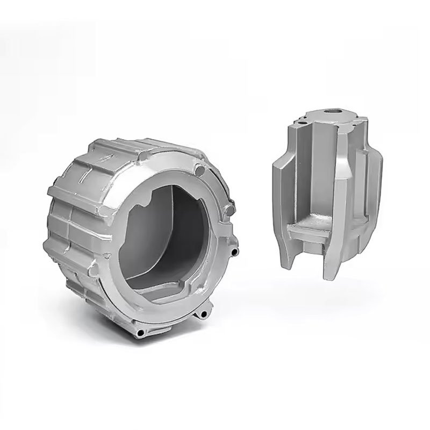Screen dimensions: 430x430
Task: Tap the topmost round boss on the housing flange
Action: click(x=200, y=171)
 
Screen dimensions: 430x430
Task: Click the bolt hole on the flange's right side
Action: click(x=235, y=252)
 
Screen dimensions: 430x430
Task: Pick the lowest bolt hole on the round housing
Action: click(x=141, y=334)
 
